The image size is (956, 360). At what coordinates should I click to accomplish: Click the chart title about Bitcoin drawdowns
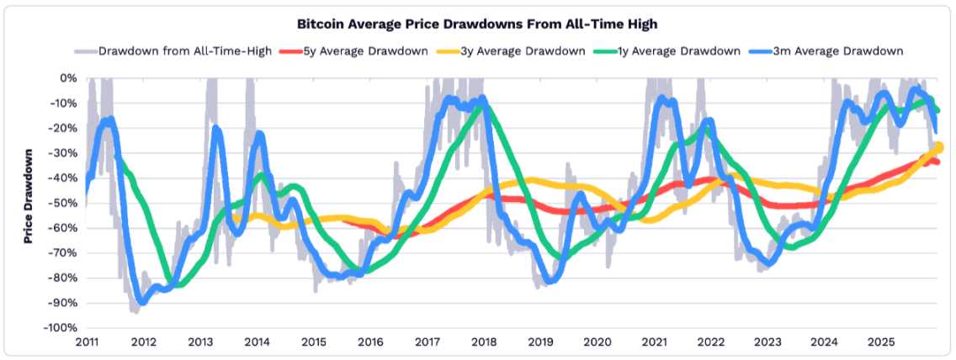478,24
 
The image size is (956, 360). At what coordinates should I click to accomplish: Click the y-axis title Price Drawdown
29,197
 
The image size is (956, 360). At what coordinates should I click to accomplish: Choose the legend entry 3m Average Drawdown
831,50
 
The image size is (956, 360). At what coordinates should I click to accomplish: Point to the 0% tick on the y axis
67,78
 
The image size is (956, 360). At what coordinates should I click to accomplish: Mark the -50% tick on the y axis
63,203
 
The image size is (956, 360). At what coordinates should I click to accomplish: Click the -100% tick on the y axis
61,328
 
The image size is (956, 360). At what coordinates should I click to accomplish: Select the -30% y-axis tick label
63,153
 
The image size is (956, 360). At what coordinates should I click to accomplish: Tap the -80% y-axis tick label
63,278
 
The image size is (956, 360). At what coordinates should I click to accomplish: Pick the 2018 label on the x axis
483,342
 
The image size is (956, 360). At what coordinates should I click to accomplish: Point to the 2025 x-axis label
880,342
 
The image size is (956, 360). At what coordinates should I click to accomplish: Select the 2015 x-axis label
313,342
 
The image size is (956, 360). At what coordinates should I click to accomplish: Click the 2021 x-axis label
654,342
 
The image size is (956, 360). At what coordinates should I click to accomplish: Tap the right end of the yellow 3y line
937,147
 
